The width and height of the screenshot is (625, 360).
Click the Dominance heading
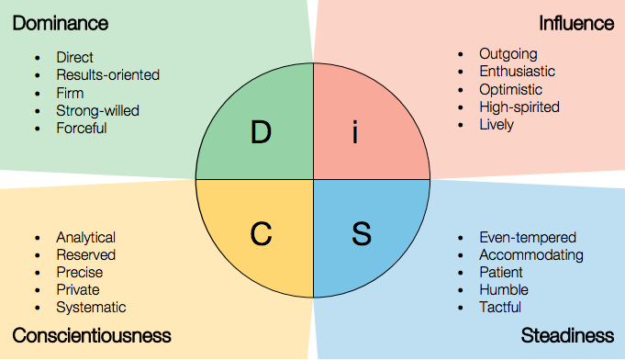pos(60,23)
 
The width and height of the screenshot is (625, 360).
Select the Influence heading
pos(576,23)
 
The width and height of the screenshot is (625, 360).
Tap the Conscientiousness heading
pos(92,335)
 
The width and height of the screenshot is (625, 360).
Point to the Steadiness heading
pos(567,335)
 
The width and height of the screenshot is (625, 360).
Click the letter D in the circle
pos(261,133)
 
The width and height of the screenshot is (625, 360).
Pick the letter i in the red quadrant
pos(356,133)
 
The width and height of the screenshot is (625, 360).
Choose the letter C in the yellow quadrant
pos(262,234)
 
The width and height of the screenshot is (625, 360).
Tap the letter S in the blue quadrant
pos(361,234)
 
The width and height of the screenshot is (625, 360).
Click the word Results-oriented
pos(107,74)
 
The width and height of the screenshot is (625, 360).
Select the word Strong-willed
pos(97,110)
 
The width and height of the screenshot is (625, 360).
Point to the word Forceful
pos(81,128)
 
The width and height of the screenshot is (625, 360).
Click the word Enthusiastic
pos(517,71)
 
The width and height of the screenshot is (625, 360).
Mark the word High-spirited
pos(519,107)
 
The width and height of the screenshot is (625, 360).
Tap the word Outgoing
pos(508,53)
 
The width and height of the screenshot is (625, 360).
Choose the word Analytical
pos(85,237)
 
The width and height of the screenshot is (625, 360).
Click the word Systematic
pos(91,308)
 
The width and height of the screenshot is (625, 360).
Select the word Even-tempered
pos(527,237)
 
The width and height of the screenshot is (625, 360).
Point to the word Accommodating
pos(530,254)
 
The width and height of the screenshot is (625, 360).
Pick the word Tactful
pos(499,308)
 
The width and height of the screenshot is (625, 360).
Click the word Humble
pos(503,290)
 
